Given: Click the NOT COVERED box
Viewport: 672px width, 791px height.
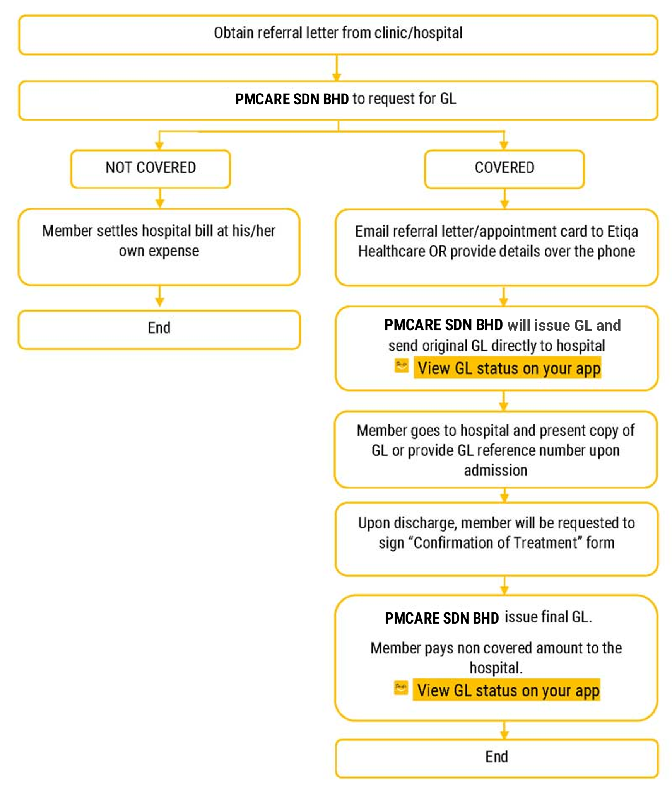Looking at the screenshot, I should click(150, 168).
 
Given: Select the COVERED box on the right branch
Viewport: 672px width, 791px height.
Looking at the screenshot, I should click(504, 168).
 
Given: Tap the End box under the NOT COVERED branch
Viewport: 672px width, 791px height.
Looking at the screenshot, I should click(159, 329).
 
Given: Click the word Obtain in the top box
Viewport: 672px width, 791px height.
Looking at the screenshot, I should click(233, 33).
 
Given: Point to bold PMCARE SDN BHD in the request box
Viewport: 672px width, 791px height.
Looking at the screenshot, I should click(292, 99).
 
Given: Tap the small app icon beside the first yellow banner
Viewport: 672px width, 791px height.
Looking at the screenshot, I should click(401, 366).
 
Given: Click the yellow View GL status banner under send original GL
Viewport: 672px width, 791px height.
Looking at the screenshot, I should click(507, 368).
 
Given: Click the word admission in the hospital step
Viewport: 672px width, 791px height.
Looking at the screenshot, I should click(495, 471).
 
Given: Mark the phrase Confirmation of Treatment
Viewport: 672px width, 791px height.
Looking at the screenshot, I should click(495, 543).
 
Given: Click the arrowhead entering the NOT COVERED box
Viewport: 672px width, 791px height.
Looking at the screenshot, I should click(159, 145).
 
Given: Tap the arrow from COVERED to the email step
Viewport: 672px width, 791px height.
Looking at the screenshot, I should click(504, 199).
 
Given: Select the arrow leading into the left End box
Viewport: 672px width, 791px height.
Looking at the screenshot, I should click(159, 298).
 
